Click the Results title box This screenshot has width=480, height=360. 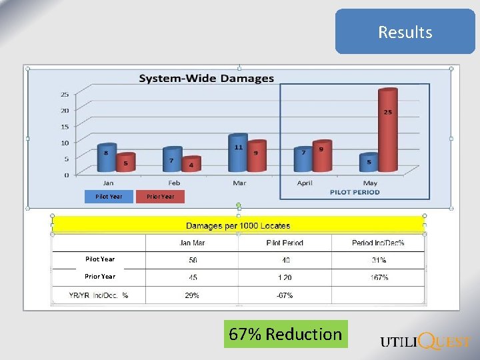pos(405,31)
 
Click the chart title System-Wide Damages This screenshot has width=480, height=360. pos(206,79)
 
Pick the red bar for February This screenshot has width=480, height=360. pos(191,164)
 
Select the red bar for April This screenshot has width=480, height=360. pos(321,157)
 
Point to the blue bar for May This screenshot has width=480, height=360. pos(369,162)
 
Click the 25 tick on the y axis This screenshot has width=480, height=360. pos(65,94)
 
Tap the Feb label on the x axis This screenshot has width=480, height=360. pos(173,183)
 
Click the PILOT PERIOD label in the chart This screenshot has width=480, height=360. pos(354,192)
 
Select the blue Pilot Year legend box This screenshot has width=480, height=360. pos(109,196)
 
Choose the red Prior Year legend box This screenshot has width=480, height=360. pos(160,196)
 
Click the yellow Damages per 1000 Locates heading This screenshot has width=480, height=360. pos(238,225)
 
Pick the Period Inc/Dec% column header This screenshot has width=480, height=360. pos(378,243)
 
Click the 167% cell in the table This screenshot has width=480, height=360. pos(379,277)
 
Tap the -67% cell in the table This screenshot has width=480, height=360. pos(284,295)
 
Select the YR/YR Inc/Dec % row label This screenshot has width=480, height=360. pos(99,295)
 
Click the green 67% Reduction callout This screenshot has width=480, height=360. pos(285,334)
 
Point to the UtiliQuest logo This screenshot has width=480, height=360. pos(425,341)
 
